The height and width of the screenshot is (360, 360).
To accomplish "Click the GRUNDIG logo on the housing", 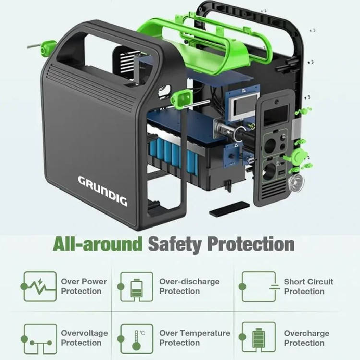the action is pyautogui.click(x=102, y=191).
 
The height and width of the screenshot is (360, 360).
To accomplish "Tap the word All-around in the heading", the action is pyautogui.click(x=97, y=244).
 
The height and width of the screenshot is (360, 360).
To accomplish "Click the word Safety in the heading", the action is pyautogui.click(x=175, y=244).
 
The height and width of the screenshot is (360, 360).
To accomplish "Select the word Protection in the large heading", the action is pyautogui.click(x=251, y=244).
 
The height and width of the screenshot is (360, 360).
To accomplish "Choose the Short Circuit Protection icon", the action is pyautogui.click(x=259, y=286).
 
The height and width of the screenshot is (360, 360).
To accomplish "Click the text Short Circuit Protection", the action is pyautogui.click(x=308, y=287).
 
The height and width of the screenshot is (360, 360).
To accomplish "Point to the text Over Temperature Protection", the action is pyautogui.click(x=195, y=338).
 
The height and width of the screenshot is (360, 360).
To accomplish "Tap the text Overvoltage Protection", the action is pyautogui.click(x=84, y=338).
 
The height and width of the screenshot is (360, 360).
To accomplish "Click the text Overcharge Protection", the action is pyautogui.click(x=307, y=338).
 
